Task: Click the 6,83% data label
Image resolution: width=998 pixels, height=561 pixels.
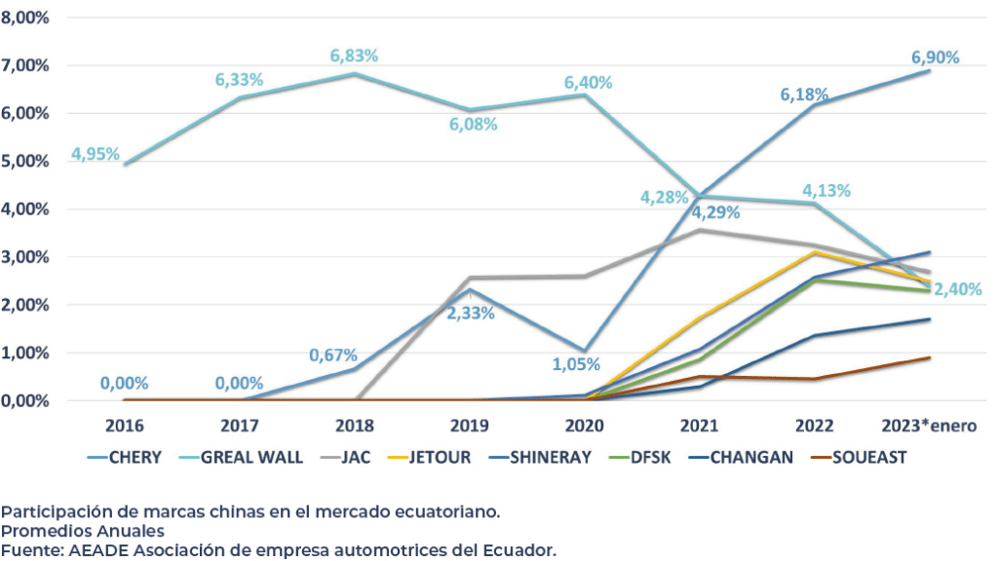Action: [354, 56]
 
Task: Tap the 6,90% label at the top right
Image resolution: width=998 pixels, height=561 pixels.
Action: [935, 57]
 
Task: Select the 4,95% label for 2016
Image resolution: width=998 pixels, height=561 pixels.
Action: [96, 154]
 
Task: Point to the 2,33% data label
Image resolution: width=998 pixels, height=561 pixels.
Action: [471, 314]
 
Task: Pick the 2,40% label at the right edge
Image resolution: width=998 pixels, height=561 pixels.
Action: [956, 289]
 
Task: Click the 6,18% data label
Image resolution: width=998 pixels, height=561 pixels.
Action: [804, 94]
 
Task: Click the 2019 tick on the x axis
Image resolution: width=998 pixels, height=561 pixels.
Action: [470, 426]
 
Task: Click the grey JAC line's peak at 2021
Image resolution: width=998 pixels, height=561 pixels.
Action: [701, 230]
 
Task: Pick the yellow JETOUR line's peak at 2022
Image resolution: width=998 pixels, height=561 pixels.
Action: [816, 253]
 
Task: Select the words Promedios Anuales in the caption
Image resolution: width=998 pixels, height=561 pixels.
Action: [83, 531]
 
